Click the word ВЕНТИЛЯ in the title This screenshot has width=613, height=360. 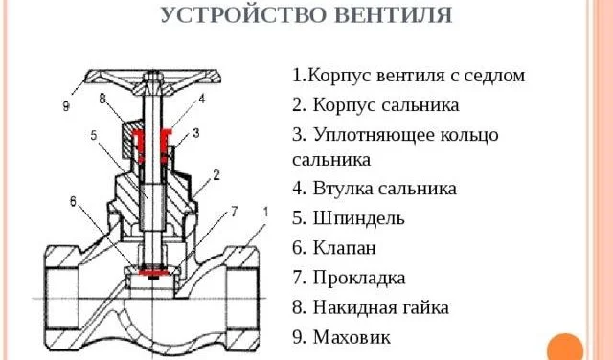(394, 15)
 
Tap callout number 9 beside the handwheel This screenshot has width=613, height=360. (66, 106)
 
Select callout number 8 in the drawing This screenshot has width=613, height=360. (102, 99)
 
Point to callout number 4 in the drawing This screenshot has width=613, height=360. (202, 99)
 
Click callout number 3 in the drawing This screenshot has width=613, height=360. (195, 133)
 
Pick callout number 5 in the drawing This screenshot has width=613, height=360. (94, 135)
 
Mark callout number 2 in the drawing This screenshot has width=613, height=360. (216, 174)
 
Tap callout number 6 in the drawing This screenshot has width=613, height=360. (73, 201)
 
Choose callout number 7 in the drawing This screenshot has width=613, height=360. (234, 212)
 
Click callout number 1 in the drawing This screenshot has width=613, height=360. (265, 212)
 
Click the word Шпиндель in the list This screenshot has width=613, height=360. (358, 218)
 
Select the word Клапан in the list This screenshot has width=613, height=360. (345, 247)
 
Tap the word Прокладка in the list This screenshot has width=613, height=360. (359, 278)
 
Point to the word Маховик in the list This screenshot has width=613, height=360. (352, 337)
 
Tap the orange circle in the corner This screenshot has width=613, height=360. (565, 348)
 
